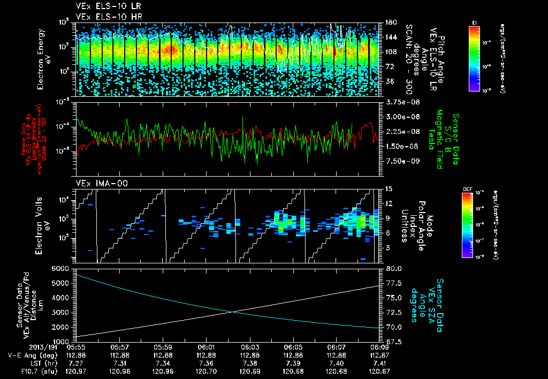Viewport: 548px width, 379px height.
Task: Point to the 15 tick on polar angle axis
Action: coord(387,188)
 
